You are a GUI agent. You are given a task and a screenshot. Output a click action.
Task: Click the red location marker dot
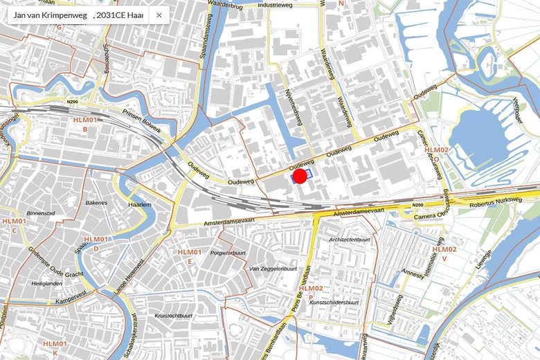coord(300,177)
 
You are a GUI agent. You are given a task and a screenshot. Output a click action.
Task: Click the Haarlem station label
coord(140,206)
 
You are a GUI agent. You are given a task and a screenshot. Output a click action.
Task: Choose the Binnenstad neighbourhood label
coord(39,214)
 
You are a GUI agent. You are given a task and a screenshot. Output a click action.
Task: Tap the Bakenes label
coord(96,203)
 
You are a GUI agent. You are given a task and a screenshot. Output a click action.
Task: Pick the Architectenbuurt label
coord(350,240)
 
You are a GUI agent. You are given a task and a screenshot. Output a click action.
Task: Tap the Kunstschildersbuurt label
coord(334,302)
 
